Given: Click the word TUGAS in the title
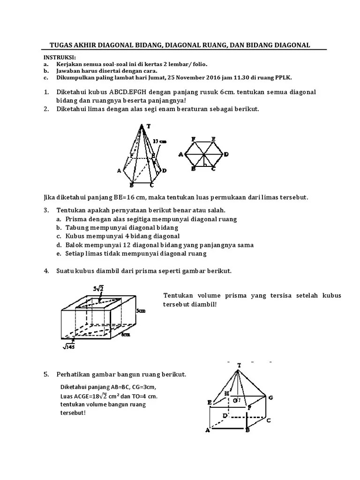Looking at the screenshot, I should pyautogui.click(x=61, y=45).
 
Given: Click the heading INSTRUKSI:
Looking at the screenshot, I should pyautogui.click(x=57, y=57).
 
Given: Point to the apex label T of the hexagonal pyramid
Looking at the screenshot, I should pyautogui.click(x=149, y=126).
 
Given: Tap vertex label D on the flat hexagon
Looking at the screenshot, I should pyautogui.click(x=226, y=154).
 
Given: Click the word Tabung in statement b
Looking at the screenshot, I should pyautogui.click(x=76, y=227).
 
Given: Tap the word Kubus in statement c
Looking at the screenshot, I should pyautogui.click(x=76, y=236).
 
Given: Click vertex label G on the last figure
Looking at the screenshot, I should pyautogui.click(x=270, y=397).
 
